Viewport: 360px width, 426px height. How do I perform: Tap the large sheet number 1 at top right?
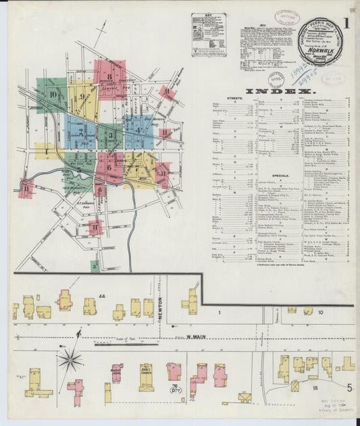[345, 24]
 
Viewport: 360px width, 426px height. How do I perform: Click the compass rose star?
[70, 359]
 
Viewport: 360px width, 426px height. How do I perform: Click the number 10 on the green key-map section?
[53, 95]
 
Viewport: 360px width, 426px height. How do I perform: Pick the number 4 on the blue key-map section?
[138, 128]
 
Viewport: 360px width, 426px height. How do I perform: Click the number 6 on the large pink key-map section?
[109, 165]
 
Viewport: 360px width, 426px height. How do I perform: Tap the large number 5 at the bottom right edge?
[349, 388]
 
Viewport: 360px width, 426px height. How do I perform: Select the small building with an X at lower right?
[294, 387]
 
